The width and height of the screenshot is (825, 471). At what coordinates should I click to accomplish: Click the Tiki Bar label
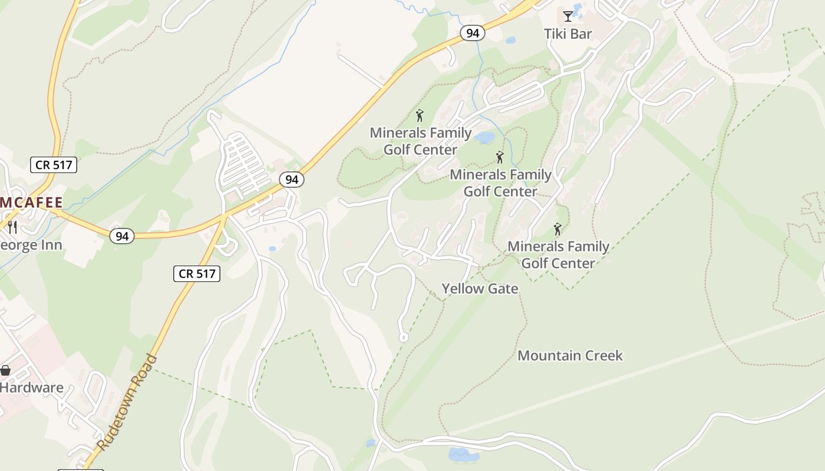point(567,34)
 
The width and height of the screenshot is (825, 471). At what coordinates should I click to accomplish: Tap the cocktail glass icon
point(567,16)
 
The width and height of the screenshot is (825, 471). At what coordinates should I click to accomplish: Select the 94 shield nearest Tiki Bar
point(472,33)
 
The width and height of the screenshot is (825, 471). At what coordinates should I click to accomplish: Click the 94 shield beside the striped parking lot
point(292,180)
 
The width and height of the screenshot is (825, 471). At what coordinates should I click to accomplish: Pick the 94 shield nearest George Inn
point(122,236)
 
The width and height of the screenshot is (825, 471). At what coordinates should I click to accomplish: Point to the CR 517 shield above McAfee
point(54,165)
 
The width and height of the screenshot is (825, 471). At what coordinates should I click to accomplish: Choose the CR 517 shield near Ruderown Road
point(197,273)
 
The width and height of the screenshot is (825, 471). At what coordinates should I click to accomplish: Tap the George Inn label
point(31,244)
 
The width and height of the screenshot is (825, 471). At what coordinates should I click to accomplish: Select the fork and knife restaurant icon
point(12,227)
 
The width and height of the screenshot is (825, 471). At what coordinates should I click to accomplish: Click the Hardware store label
point(31,387)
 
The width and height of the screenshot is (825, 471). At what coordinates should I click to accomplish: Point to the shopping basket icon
point(5,370)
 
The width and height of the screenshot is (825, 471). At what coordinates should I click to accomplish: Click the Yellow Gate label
point(480,288)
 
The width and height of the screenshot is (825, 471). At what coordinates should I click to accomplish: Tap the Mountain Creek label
point(570,356)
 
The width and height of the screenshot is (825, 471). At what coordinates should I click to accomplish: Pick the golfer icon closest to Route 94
point(420,115)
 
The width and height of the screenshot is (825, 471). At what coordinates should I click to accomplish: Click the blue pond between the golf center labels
point(485,138)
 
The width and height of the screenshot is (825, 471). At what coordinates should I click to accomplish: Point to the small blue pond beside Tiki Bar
point(510,41)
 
